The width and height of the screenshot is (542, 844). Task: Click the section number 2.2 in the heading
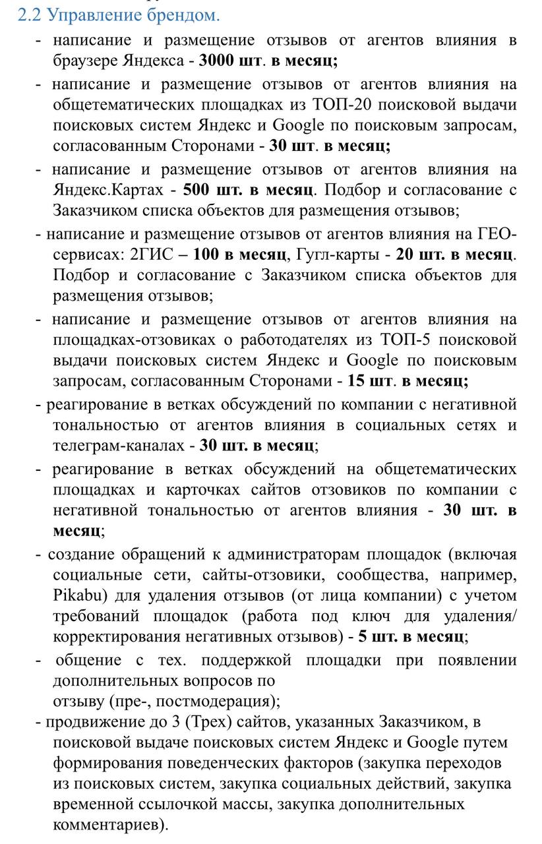click(x=30, y=15)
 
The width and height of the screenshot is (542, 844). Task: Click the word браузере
click(x=86, y=61)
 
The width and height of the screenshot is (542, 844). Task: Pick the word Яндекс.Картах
click(x=107, y=190)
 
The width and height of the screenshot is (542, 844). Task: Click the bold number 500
click(x=196, y=190)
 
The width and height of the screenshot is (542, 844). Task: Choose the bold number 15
click(x=356, y=380)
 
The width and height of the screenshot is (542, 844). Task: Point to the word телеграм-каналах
click(x=118, y=445)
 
